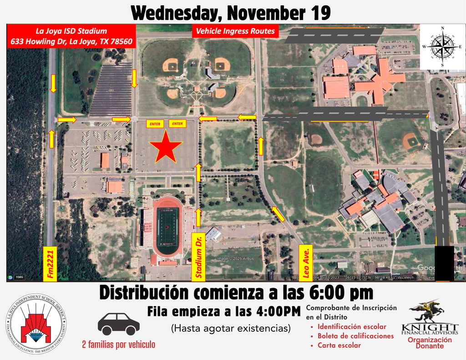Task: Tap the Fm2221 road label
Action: [50, 264]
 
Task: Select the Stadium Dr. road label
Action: [199, 256]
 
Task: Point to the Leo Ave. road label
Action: [306, 263]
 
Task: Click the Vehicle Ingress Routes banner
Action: [235, 31]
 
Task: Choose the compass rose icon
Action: [441, 46]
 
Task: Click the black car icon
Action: [118, 324]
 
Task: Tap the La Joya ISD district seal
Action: [36, 324]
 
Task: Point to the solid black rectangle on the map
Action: [444, 263]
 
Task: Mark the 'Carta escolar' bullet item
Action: [339, 345]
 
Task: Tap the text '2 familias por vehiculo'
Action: [118, 345]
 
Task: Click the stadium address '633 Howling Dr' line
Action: [71, 41]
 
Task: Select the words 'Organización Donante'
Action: [430, 343]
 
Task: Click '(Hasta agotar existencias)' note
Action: [230, 328]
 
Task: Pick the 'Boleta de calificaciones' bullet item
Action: [355, 336]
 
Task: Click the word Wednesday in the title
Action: [174, 13]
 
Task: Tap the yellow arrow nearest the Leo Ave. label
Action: [278, 213]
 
